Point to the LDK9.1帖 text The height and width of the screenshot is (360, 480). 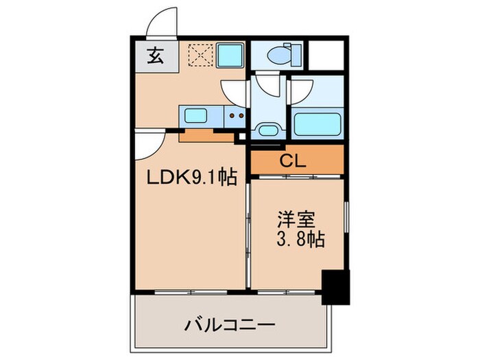[x=193, y=178]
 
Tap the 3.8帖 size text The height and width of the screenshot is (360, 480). [x=300, y=241]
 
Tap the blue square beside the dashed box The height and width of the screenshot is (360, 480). [x=230, y=55]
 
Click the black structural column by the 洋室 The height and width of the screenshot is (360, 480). [x=335, y=287]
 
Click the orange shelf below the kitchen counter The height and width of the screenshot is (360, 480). [x=206, y=135]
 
